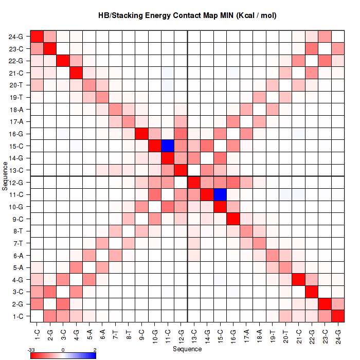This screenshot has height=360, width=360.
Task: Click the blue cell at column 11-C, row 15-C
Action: (x=168, y=146)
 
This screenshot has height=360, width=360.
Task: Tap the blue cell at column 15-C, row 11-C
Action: (x=221, y=194)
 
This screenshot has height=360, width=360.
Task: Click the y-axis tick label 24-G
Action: (x=16, y=37)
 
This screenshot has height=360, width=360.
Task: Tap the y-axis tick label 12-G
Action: (x=16, y=183)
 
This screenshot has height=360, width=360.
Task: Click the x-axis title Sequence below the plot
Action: (x=187, y=349)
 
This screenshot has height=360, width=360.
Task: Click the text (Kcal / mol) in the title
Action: (x=256, y=15)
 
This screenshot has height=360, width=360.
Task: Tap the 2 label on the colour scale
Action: (x=95, y=349)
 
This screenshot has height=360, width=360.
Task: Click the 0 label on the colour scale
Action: (x=63, y=349)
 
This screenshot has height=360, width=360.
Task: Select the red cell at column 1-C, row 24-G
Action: (x=37, y=37)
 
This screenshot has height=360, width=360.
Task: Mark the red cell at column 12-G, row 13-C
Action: (x=181, y=170)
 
